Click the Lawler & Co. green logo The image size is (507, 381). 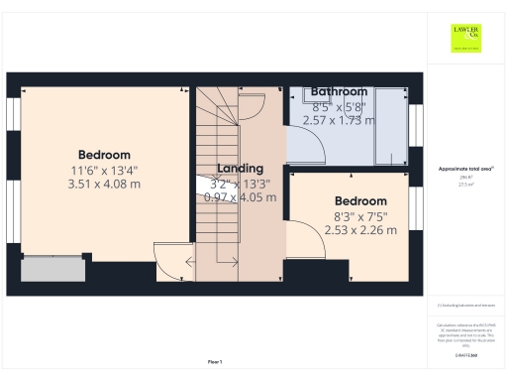pos(465,39)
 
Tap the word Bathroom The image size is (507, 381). pos(339,91)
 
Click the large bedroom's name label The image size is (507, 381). pos(104,155)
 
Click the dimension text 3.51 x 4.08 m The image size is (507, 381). pos(104,184)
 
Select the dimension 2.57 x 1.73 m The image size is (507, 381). pos(339,120)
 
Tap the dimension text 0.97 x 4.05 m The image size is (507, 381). pos(240,196)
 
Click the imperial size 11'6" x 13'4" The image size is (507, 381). pos(104,170)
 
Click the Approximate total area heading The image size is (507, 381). pos(465,169)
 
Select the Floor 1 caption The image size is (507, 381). pos(215,361)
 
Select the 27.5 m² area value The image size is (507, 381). pos(465,185)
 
